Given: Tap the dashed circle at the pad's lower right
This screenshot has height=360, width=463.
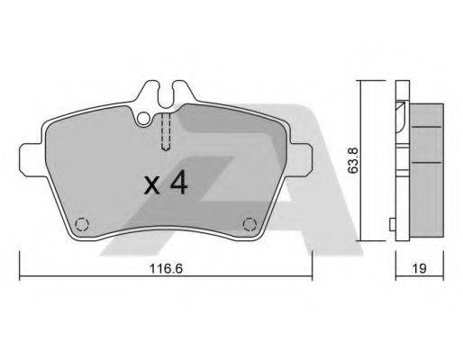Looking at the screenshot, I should [251, 225].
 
